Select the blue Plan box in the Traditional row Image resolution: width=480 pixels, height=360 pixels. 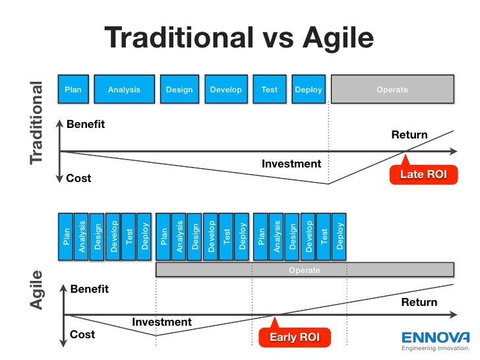pyautogui.click(x=73, y=89)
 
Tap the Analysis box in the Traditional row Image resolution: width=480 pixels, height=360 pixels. pyautogui.click(x=125, y=89)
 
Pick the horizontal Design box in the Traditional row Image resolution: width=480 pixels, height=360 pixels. pyautogui.click(x=179, y=89)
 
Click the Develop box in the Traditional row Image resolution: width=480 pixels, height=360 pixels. pyautogui.click(x=225, y=89)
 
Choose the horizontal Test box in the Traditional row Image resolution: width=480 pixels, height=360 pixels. pyautogui.click(x=269, y=89)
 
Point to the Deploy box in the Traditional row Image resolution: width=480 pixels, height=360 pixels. pyautogui.click(x=308, y=89)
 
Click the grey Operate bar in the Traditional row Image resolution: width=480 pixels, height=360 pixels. pyautogui.click(x=392, y=89)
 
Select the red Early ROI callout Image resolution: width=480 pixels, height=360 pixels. pyautogui.click(x=294, y=338)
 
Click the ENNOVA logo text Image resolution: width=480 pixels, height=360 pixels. pyautogui.click(x=436, y=337)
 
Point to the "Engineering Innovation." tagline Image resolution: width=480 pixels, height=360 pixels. pyautogui.click(x=436, y=349)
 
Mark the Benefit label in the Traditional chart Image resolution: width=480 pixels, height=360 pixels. pyautogui.click(x=85, y=124)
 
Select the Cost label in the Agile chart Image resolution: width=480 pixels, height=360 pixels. pyautogui.click(x=82, y=334)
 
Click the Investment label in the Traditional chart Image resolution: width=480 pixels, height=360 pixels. pyautogui.click(x=291, y=164)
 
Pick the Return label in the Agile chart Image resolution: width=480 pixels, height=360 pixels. pyautogui.click(x=419, y=302)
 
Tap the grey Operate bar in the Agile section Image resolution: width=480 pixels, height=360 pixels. pyautogui.click(x=304, y=270)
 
